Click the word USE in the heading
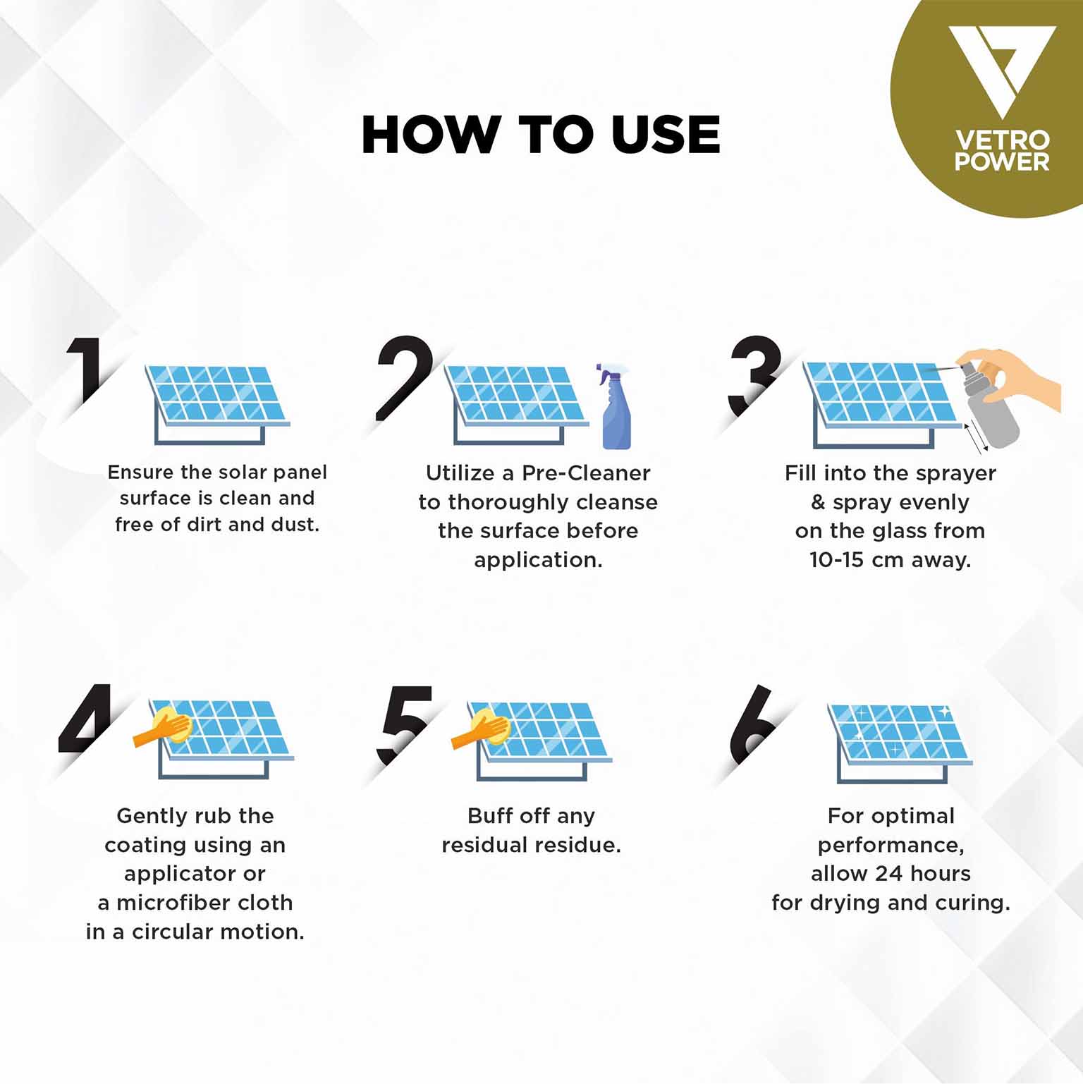[x=666, y=135]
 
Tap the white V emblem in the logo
[x=1001, y=71]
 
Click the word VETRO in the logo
[x=1002, y=140]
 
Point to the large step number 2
[x=403, y=377]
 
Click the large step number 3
[x=755, y=375]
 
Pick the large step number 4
[x=86, y=717]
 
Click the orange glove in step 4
[x=164, y=728]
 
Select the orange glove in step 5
[x=481, y=729]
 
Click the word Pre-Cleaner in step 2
[x=586, y=473]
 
